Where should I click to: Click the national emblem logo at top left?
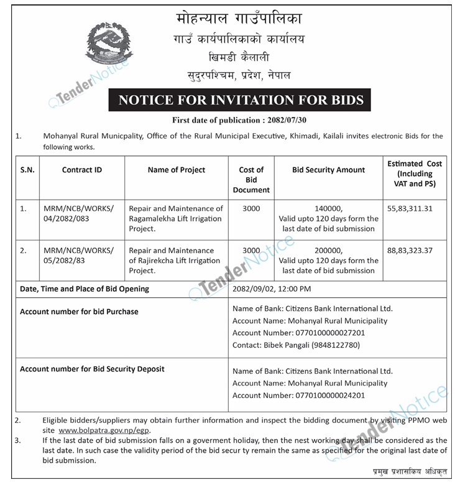(109, 44)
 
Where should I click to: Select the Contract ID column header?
(82, 170)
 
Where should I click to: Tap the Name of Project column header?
(177, 170)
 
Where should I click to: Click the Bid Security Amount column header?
(329, 170)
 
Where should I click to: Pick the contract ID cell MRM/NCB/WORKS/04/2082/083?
(79, 213)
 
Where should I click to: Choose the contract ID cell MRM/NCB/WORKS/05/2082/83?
(79, 256)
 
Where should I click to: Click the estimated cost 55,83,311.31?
(415, 209)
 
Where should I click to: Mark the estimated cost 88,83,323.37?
(415, 251)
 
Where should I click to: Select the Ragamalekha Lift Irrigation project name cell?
(176, 218)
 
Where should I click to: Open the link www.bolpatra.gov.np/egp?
(104, 430)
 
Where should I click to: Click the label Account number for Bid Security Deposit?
(92, 369)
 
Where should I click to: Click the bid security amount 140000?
(329, 209)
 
